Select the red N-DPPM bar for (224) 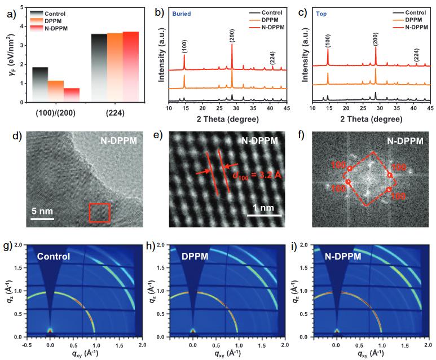130,67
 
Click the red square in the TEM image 99,214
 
